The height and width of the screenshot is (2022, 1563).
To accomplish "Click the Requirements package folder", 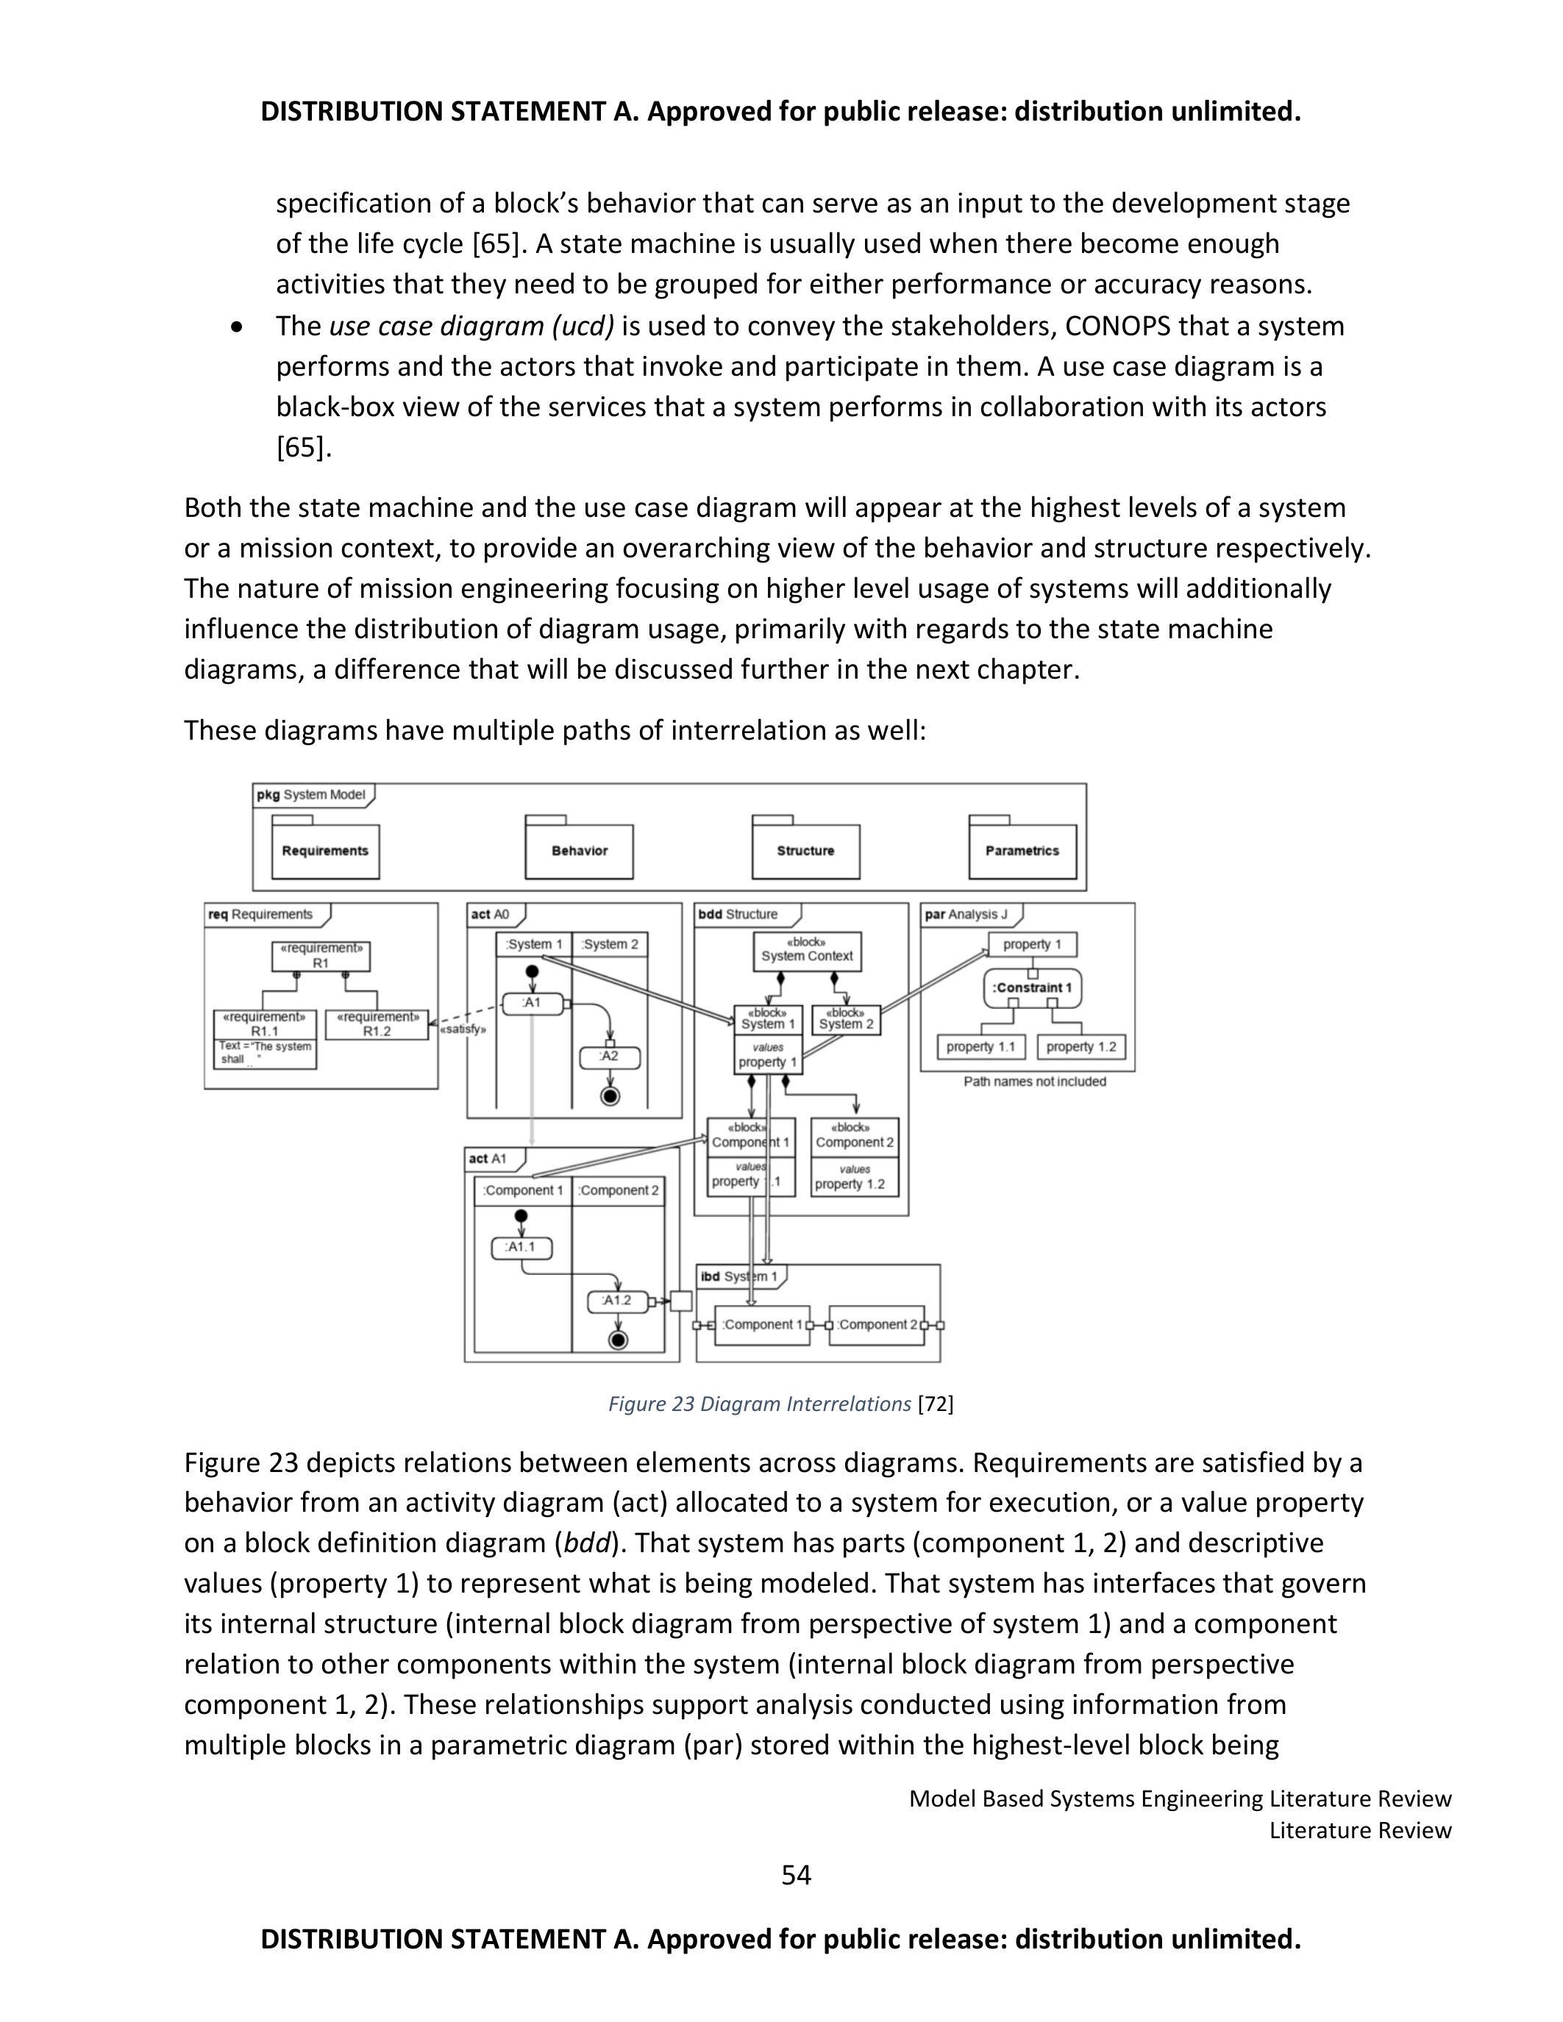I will [x=325, y=850].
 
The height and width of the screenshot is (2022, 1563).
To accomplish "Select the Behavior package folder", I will [x=579, y=850].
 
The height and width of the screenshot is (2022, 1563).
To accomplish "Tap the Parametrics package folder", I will [x=1022, y=850].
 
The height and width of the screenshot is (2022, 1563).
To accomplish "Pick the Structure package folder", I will [x=805, y=850].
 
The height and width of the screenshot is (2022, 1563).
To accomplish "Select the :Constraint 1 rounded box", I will [x=1031, y=988].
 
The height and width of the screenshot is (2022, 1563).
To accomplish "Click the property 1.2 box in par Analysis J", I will [x=1080, y=1046].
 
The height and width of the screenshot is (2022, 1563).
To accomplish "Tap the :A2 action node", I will [x=609, y=1057].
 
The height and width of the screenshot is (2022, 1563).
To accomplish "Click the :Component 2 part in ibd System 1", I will [x=877, y=1324].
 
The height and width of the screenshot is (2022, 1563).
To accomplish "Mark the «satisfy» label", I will [x=463, y=1029].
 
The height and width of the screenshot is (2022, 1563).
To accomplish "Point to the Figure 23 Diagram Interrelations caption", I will [x=759, y=1404].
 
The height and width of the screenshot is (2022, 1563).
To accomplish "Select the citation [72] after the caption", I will [x=935, y=1404].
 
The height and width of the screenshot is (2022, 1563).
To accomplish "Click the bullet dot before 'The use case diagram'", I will [x=239, y=326].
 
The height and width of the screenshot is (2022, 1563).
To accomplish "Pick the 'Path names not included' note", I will [x=1034, y=1082].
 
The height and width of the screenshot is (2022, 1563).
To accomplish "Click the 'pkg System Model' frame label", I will [x=311, y=794].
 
